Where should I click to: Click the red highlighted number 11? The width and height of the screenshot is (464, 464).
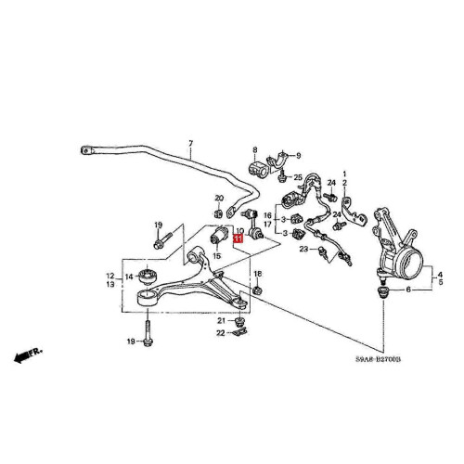point(238,238)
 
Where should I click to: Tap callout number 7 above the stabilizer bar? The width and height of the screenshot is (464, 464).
point(190,144)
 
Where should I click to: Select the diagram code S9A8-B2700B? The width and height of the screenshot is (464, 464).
point(378,359)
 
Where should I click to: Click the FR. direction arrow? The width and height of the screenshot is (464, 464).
point(27,355)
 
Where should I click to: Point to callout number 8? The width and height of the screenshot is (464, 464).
point(255,150)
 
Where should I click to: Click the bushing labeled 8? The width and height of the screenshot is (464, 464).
point(257,170)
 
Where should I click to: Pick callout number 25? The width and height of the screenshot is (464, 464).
point(298,177)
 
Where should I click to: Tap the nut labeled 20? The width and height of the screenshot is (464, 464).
point(218,213)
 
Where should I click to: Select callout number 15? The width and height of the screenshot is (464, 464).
point(217,256)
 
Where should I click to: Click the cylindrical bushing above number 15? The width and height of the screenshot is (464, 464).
point(219,236)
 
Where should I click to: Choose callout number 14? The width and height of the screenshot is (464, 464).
point(129,277)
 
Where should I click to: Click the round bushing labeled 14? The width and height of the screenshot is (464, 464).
point(148,276)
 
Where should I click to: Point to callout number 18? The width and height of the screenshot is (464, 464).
point(257,274)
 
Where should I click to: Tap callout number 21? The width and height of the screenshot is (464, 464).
point(222,321)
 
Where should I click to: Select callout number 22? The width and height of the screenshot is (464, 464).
point(221,333)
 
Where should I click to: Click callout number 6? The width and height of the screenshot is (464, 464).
point(408,290)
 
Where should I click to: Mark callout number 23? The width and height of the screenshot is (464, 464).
point(304,249)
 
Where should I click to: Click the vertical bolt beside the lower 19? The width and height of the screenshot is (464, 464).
point(148,333)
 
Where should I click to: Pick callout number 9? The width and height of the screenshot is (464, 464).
point(298,155)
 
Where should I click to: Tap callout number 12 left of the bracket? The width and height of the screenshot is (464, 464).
point(110,276)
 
